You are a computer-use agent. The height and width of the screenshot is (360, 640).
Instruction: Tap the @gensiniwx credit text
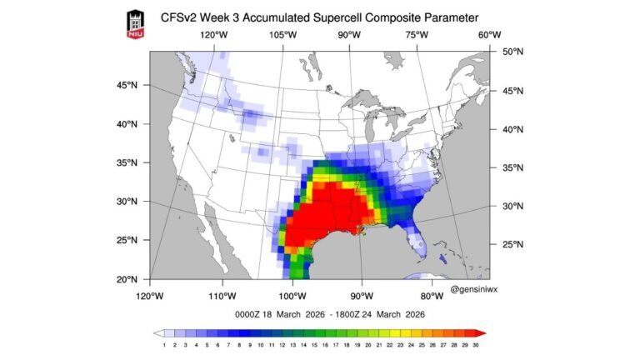coord(476,288)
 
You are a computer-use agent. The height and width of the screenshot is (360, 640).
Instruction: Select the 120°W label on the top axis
coord(213,35)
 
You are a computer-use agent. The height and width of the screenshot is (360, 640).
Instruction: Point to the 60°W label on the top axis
coord(490,35)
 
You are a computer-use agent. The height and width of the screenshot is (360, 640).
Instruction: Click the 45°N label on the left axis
coord(127,85)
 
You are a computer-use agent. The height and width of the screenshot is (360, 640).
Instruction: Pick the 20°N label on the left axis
coord(127,279)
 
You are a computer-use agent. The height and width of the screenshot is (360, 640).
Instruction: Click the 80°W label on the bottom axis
coord(431,296)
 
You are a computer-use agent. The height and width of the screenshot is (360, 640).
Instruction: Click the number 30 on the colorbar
coord(476,344)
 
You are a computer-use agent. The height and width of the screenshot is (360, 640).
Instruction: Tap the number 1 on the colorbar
coord(165,344)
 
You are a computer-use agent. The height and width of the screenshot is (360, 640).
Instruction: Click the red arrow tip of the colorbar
coord(483,332)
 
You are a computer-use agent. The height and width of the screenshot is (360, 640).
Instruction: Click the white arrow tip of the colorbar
coord(157,332)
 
